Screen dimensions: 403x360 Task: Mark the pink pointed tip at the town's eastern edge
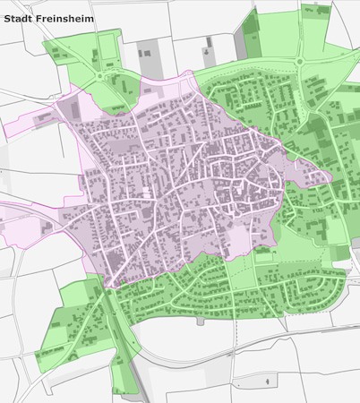329,176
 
